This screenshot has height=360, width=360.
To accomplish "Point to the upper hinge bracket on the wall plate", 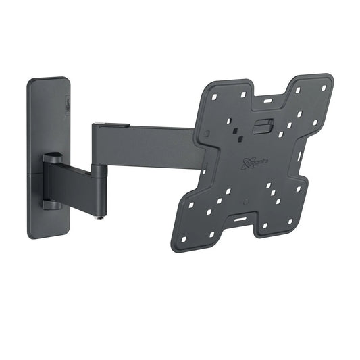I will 52,161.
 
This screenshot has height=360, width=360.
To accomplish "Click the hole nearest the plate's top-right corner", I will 323,88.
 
